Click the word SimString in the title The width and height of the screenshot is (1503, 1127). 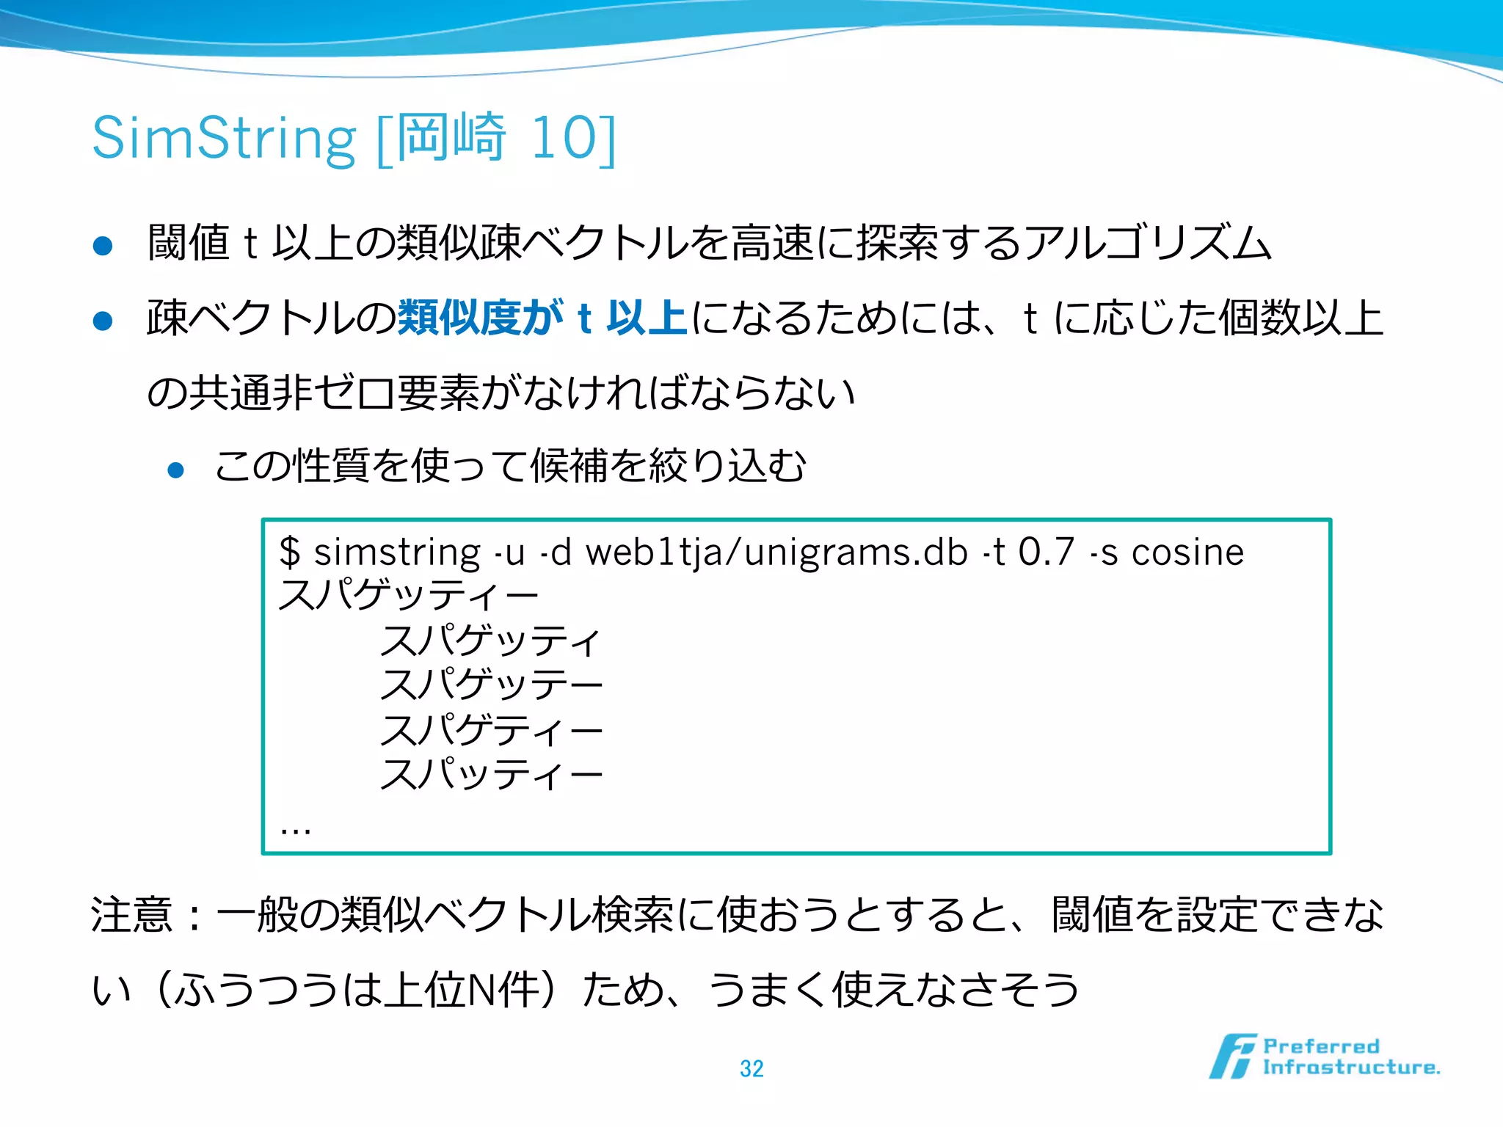[224, 138]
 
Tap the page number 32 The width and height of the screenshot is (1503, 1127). [751, 1068]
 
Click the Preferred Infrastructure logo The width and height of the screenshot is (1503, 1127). [1325, 1057]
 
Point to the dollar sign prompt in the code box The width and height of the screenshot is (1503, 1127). [290, 552]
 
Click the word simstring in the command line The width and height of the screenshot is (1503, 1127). [397, 552]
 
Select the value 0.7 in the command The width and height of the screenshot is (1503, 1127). [1047, 552]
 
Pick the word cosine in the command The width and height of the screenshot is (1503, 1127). [1187, 552]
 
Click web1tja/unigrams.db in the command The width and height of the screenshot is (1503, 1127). [776, 553]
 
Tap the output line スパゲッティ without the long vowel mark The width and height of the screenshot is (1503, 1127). [490, 641]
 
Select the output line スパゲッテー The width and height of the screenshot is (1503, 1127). [490, 685]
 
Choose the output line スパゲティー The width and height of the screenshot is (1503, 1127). [490, 730]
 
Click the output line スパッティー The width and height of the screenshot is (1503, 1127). [490, 774]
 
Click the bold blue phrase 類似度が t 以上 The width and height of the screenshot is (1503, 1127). [542, 318]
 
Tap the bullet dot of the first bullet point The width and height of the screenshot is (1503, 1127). [103, 246]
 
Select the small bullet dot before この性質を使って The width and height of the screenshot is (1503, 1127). [175, 470]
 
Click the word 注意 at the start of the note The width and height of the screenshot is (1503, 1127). [132, 915]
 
